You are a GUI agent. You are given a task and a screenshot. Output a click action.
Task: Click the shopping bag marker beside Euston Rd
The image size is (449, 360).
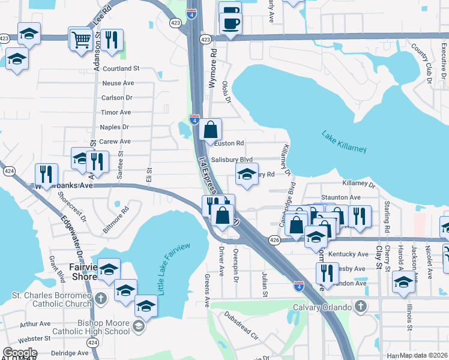[x=211, y=130]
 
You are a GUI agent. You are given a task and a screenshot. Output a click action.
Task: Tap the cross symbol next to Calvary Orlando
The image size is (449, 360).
[x=360, y=307]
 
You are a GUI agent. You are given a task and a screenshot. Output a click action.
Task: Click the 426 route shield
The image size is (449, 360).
[x=274, y=239]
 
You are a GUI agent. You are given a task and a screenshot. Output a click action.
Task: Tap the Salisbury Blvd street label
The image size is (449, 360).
[x=231, y=160]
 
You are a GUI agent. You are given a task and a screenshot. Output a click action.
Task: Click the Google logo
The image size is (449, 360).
[x=20, y=353]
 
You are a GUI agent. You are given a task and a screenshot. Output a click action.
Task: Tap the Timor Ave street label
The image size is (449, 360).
[x=116, y=112]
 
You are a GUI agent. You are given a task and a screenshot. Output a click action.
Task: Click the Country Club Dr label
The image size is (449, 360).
[x=429, y=68]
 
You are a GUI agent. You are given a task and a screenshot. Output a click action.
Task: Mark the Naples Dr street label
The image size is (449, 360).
[x=114, y=127]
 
